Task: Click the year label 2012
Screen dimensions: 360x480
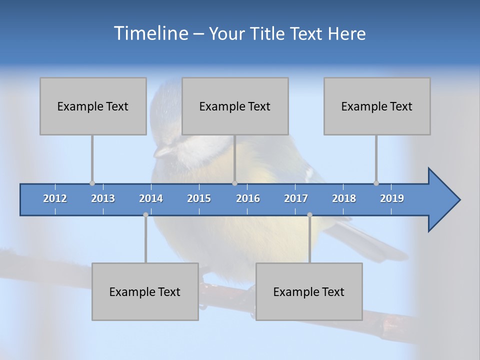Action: point(55,198)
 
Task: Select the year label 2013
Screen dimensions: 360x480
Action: point(103,198)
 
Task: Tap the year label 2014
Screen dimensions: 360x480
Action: point(151,198)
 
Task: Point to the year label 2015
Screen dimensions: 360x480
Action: point(199,198)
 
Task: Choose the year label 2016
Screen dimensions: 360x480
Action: point(248,198)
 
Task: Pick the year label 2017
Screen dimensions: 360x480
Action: point(296,198)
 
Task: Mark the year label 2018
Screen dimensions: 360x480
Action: point(344,198)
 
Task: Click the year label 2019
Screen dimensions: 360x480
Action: point(392,198)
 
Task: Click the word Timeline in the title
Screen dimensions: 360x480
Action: point(150,33)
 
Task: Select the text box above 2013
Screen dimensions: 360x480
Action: point(93,106)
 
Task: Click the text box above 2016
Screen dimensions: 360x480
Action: point(235,106)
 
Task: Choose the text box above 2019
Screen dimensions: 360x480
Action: point(377,106)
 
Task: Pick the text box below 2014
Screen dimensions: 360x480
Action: point(145,291)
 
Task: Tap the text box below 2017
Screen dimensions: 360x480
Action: point(309,291)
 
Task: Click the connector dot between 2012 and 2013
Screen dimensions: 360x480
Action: point(92,183)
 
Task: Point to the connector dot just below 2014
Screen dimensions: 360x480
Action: point(145,214)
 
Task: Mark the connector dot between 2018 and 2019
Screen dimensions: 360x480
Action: point(376,183)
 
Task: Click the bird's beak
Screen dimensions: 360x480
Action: point(160,152)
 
